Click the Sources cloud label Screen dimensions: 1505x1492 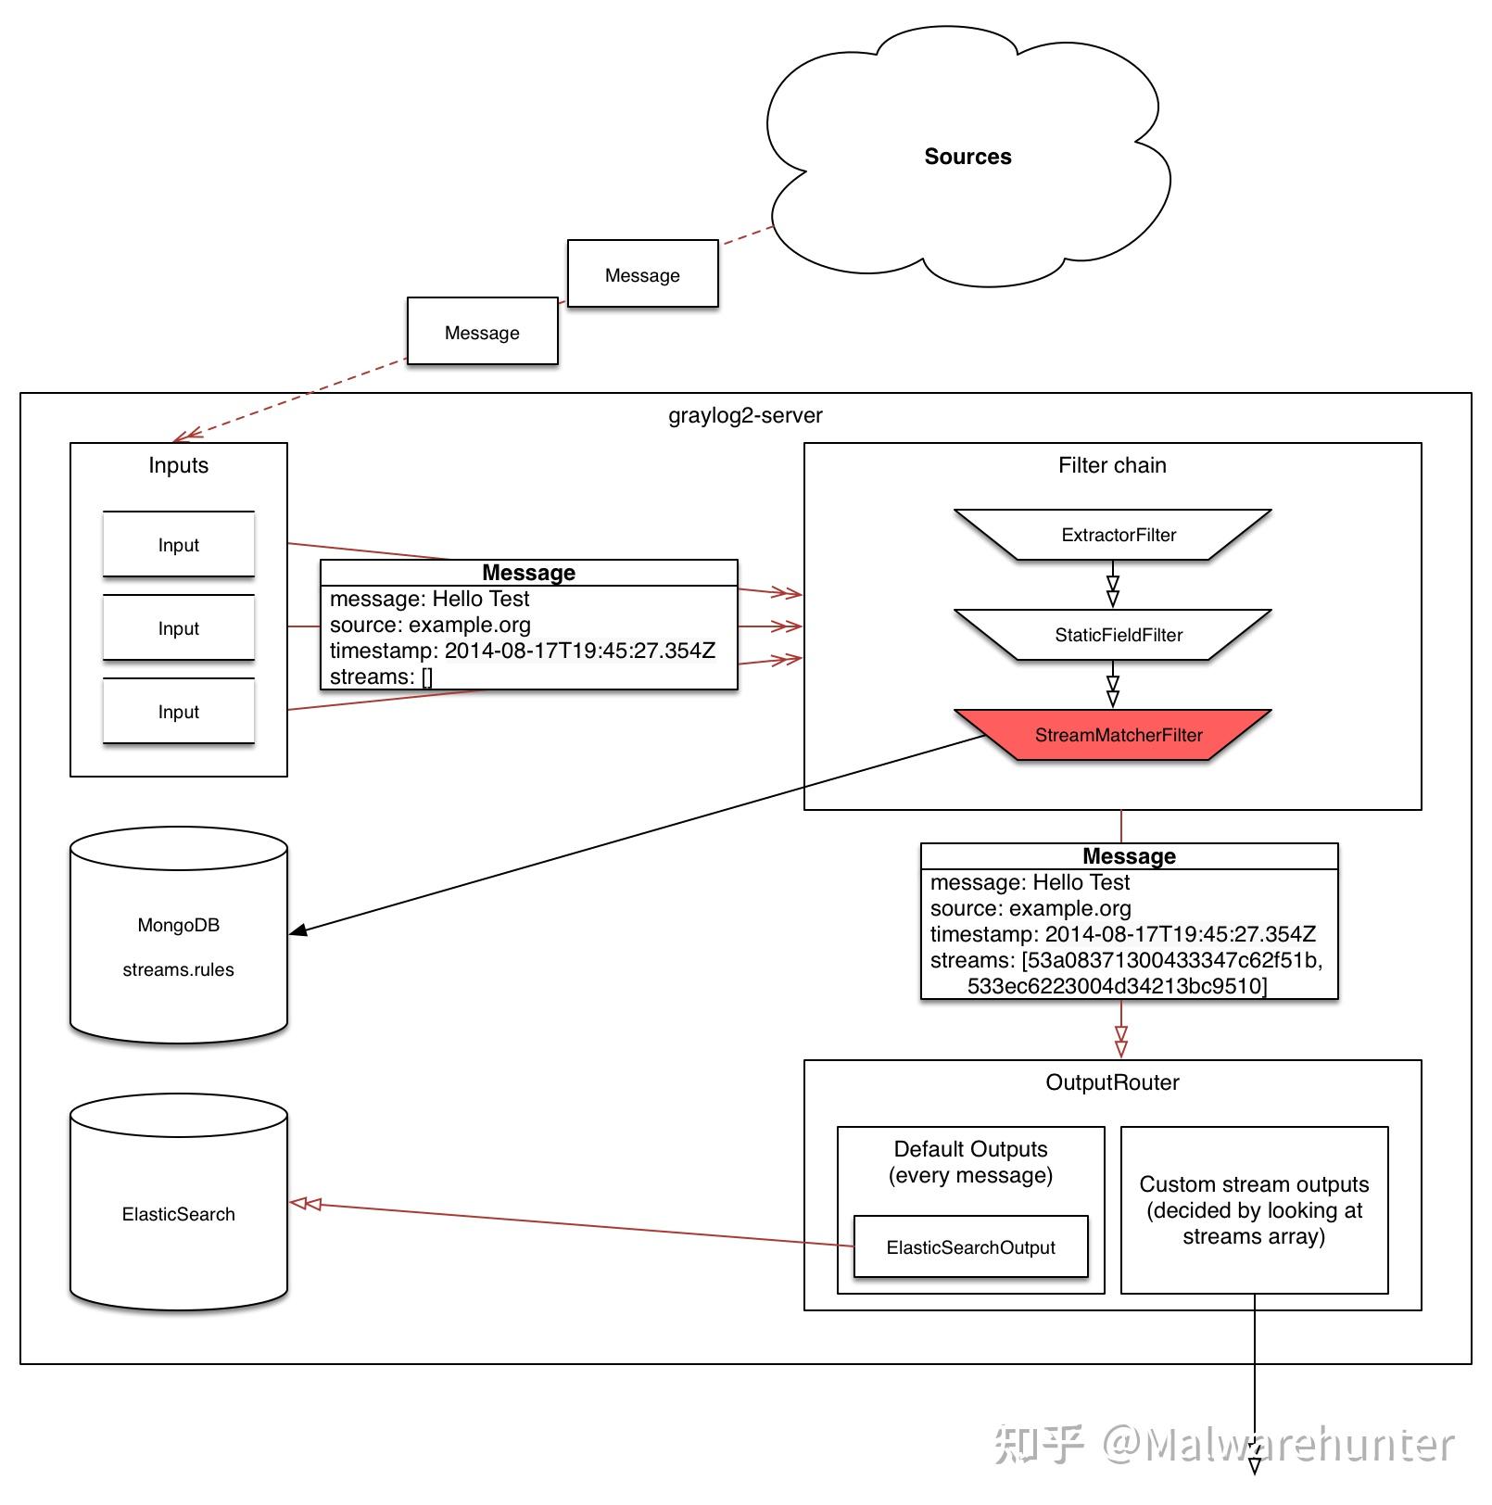(967, 157)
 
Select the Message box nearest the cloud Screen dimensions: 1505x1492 (642, 274)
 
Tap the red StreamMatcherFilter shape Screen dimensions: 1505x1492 (1118, 735)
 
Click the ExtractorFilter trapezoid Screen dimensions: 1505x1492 (1118, 535)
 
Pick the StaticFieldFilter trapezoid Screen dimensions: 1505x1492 (1118, 635)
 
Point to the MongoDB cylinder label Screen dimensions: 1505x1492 (178, 925)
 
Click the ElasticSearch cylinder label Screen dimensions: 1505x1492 (178, 1214)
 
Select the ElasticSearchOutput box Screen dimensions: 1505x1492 (970, 1247)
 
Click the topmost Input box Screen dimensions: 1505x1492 (178, 545)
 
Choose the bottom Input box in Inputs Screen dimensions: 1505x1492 (178, 712)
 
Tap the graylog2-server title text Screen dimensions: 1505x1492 (745, 415)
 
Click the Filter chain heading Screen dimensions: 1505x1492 (1112, 465)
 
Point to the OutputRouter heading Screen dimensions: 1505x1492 (1112, 1082)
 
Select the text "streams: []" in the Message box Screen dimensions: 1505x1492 (381, 677)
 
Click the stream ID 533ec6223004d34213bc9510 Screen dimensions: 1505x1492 (1115, 986)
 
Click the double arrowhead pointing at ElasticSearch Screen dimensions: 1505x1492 (306, 1204)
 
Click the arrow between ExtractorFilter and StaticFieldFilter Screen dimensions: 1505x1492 (1113, 589)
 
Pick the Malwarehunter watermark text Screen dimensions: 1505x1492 (1297, 1445)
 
